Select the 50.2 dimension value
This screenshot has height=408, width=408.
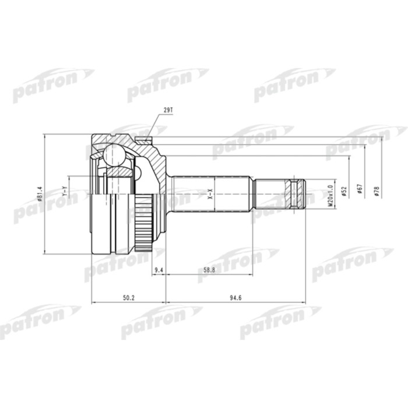coord(129,298)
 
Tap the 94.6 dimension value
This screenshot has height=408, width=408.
coord(235,298)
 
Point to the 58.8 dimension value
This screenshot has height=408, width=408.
coord(209,270)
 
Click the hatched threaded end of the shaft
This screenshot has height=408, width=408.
coord(298,194)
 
